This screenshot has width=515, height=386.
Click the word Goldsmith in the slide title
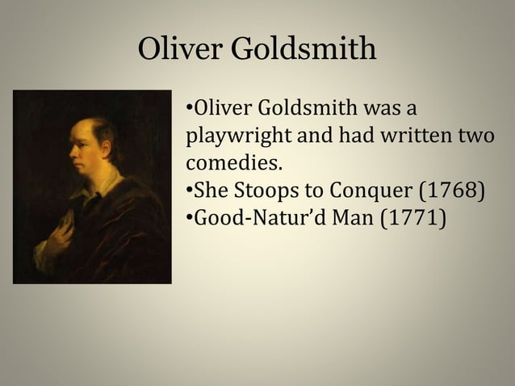point(304,51)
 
